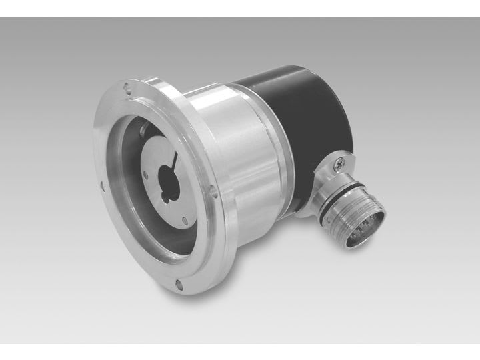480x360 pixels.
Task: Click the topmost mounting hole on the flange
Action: (x=127, y=86)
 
